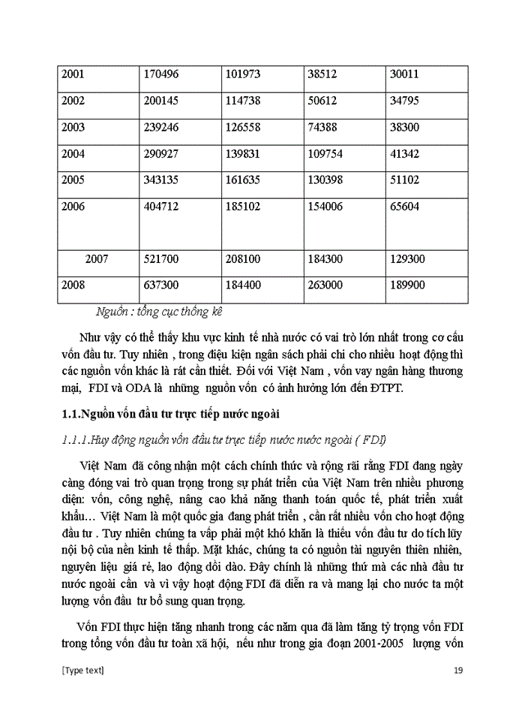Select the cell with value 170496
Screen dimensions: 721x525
(x=160, y=74)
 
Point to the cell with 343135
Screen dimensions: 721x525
(x=160, y=181)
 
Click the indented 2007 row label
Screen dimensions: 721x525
(x=97, y=259)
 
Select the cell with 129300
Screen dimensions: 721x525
(x=409, y=259)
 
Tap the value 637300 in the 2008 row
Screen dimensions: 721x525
(x=160, y=286)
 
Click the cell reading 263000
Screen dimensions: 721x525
(x=326, y=286)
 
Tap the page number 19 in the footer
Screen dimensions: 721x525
(x=459, y=671)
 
